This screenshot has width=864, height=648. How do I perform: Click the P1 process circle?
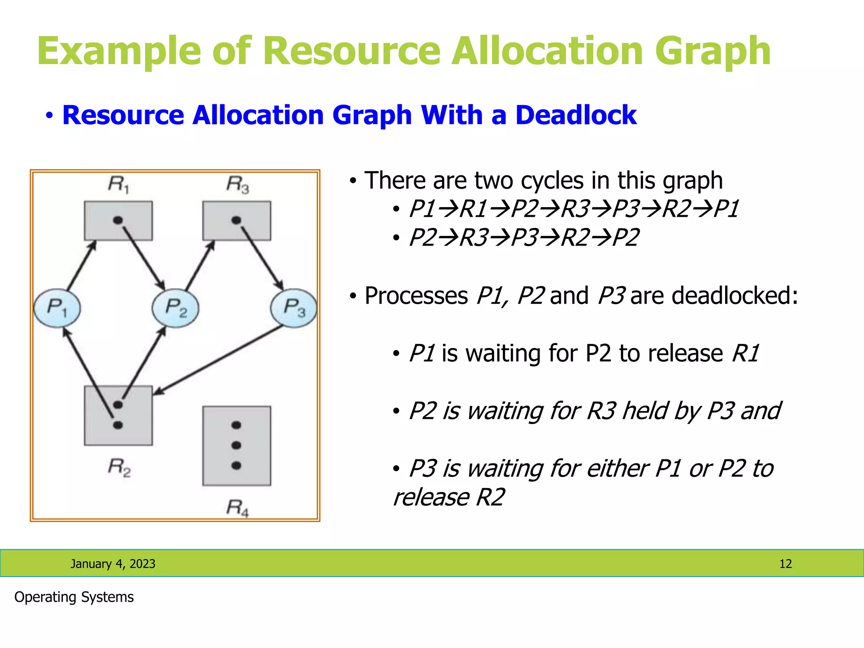[x=57, y=308]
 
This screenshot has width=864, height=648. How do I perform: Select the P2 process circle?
[x=175, y=308]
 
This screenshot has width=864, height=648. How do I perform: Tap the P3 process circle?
[x=294, y=308]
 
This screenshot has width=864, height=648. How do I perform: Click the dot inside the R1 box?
[x=118, y=220]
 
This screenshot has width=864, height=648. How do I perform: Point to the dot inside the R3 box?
[x=236, y=220]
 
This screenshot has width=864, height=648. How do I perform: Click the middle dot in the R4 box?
[x=236, y=445]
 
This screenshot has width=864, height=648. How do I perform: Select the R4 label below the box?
[x=238, y=508]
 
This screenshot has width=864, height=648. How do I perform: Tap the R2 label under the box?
[x=119, y=467]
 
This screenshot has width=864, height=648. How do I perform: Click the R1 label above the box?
[x=119, y=184]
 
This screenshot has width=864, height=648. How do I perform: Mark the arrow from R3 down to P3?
[x=262, y=257]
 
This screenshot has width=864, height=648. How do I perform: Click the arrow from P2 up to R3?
[x=200, y=266]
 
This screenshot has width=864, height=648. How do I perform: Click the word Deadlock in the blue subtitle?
[x=575, y=115]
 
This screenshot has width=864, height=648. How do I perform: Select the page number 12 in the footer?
[x=785, y=564]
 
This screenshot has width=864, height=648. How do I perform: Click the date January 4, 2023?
[x=113, y=564]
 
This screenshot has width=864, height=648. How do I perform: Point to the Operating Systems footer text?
[x=74, y=597]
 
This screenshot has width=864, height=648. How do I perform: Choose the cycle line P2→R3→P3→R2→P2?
[x=524, y=237]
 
